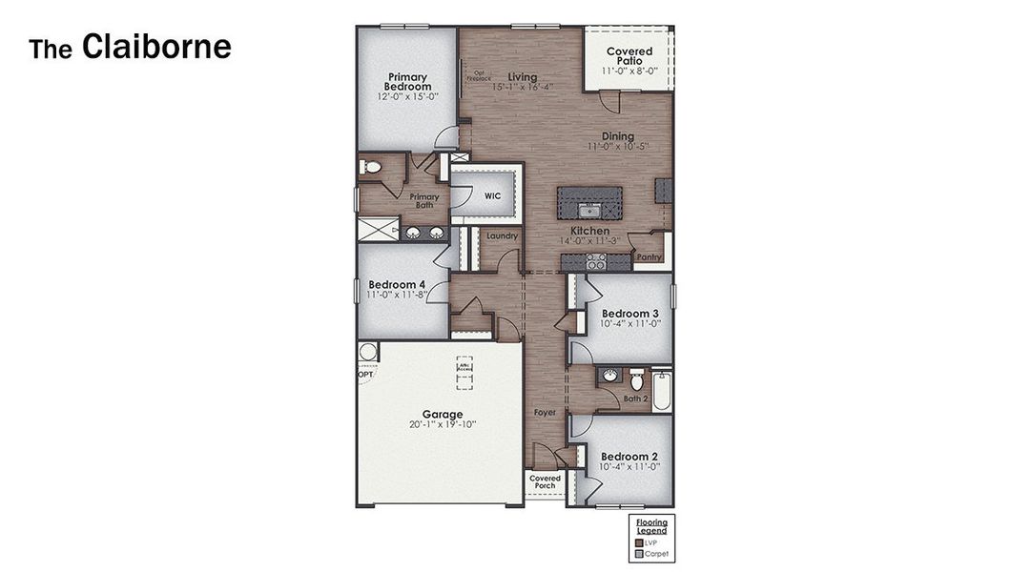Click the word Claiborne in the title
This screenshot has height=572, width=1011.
[156, 47]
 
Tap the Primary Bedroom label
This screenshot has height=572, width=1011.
[408, 82]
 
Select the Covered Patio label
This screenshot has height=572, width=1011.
[629, 56]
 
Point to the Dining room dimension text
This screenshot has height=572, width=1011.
[617, 147]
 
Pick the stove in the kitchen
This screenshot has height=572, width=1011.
[596, 260]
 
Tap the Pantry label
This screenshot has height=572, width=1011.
[650, 257]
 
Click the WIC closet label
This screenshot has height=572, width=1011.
[493, 196]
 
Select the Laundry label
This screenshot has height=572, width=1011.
[502, 235]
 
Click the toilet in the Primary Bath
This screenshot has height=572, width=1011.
[372, 168]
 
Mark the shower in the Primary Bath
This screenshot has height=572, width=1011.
[378, 230]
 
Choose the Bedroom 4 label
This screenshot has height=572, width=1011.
[398, 284]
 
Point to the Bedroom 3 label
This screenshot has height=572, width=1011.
[629, 314]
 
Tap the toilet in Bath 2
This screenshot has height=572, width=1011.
[637, 381]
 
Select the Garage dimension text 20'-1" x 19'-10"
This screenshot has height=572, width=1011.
[443, 424]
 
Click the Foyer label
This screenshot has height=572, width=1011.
[545, 413]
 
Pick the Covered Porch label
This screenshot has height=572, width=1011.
[546, 482]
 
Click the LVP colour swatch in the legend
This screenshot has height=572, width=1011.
[639, 541]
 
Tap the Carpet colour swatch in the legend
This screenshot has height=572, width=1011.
[639, 553]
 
